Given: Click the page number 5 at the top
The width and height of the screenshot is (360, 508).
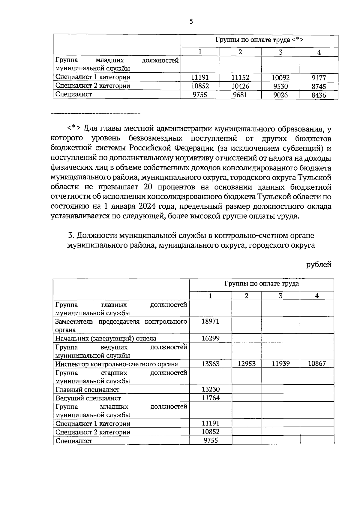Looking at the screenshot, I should (x=191, y=22).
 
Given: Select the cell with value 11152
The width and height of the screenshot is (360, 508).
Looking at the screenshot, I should (x=240, y=78).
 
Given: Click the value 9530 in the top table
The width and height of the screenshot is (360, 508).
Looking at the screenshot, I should (x=280, y=86).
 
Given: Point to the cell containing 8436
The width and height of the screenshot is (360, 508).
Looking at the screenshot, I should (x=319, y=95).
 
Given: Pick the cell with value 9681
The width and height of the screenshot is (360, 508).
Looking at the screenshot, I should (x=240, y=95).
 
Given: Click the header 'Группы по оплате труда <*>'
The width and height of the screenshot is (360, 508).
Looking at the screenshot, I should (x=259, y=40).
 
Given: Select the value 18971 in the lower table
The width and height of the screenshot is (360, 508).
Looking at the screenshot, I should (x=210, y=321).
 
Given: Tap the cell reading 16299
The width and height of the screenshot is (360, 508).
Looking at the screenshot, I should (x=210, y=338).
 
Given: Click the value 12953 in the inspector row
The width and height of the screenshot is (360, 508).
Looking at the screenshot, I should (x=247, y=364).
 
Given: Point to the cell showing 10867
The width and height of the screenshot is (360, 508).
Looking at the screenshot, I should (x=317, y=364).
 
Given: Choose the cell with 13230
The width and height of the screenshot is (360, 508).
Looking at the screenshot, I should (x=210, y=389).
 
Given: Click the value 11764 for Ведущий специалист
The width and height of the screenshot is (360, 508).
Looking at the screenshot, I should (x=210, y=398).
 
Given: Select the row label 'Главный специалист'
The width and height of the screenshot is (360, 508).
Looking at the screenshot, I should (x=87, y=390).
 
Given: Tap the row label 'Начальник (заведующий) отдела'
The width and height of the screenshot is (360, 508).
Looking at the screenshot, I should (x=106, y=339).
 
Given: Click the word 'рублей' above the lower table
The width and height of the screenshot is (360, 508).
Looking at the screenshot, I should (x=319, y=265).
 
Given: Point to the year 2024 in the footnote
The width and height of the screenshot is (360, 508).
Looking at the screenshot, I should (x=148, y=207).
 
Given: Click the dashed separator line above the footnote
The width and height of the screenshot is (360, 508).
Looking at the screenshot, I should (x=95, y=114).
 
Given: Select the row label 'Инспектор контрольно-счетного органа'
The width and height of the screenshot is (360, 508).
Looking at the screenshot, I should (x=116, y=364).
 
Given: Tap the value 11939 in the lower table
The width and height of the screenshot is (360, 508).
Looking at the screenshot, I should (x=280, y=364).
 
